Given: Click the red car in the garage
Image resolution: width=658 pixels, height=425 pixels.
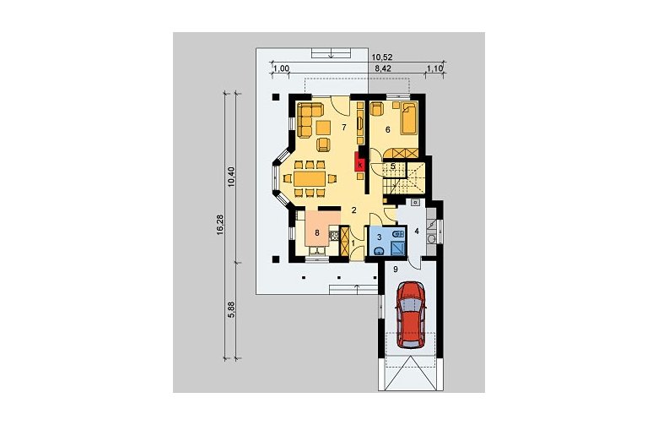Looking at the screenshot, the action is tap(411, 314).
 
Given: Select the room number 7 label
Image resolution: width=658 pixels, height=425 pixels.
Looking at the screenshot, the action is tap(344, 128).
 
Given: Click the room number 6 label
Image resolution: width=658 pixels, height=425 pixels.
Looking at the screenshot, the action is tap(388, 130).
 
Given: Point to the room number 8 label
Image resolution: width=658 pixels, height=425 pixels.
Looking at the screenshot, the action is tap(317, 232).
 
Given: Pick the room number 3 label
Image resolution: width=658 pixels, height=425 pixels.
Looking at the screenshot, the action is tap(379, 237).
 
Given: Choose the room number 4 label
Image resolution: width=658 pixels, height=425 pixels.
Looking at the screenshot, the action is tap(417, 232).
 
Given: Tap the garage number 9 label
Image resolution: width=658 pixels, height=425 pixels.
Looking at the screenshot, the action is tap(396, 270).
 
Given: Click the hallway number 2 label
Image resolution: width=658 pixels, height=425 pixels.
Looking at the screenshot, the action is tap(354, 210).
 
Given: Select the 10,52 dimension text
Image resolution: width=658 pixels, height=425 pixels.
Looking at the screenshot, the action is tap(379, 57).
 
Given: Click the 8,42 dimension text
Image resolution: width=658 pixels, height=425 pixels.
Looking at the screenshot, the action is tap(383, 69).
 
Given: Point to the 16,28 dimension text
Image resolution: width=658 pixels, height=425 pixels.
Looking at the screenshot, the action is tap(221, 225).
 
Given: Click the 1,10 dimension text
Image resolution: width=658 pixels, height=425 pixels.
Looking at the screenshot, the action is tap(435, 69).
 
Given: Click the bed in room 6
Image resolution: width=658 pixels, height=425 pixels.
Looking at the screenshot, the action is tap(409, 118).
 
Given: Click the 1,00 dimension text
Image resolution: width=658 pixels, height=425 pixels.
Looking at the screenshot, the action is tap(282, 69).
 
